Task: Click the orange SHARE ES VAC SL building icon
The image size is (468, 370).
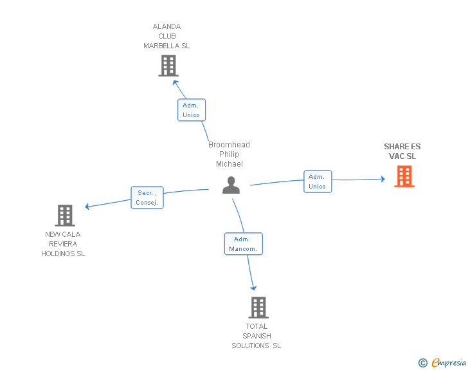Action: (404, 176)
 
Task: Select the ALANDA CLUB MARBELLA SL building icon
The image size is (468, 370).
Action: (168, 66)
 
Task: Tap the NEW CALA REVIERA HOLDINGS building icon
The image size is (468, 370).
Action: (65, 216)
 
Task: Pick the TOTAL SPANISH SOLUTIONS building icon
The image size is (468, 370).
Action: (258, 308)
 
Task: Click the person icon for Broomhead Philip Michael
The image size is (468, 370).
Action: (231, 185)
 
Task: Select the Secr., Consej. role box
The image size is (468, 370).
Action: (147, 198)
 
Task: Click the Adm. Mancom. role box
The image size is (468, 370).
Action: (244, 244)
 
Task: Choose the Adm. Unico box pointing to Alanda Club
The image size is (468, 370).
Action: (192, 110)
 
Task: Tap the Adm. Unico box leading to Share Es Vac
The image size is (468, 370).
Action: (318, 181)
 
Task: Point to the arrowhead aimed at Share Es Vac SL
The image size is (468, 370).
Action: (383, 179)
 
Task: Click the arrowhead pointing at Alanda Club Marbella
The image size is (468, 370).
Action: (175, 82)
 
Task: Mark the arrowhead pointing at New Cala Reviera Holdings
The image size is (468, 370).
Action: (87, 206)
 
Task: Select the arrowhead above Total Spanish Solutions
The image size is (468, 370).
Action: (253, 288)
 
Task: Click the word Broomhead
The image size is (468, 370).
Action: (229, 145)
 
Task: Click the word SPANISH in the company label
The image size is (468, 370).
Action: (256, 336)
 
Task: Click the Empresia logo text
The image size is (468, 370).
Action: (449, 362)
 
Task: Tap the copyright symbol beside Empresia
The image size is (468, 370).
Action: (423, 363)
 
